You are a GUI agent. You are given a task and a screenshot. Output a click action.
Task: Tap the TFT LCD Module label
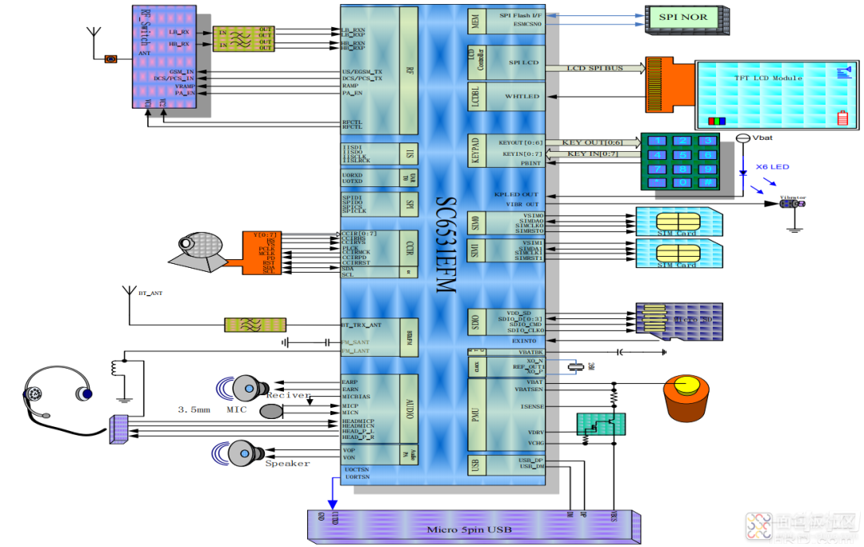point(768,78)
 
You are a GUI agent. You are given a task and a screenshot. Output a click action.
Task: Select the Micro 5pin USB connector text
point(469,529)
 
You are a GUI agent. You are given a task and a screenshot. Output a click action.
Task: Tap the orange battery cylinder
point(686,399)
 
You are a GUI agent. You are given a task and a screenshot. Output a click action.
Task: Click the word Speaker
point(287,463)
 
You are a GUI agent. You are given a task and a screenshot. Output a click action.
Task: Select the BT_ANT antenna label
point(150,294)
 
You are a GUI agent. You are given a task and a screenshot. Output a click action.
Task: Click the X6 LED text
point(772,167)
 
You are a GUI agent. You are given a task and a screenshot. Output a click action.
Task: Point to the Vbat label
point(763,138)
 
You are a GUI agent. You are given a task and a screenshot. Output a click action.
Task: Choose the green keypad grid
point(679,162)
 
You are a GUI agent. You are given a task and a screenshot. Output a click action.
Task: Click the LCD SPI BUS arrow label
point(594,69)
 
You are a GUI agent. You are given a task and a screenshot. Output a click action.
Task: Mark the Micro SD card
point(679,321)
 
